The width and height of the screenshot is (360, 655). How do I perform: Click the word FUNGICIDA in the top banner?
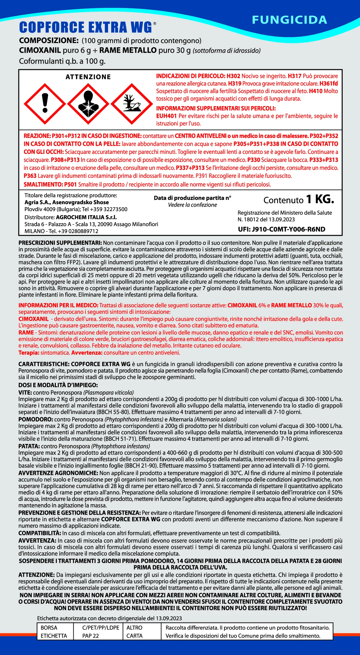pyautogui.click(x=289, y=20)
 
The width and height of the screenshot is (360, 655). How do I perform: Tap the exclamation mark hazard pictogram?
pyautogui.click(x=45, y=104)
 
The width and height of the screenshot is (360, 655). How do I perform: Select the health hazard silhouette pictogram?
pyautogui.click(x=88, y=104)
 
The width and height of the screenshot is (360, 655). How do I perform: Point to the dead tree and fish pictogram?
pyautogui.click(x=132, y=104)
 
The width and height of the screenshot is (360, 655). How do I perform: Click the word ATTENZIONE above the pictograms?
pyautogui.click(x=88, y=77)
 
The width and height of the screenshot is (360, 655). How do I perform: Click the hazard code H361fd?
pyautogui.click(x=329, y=84)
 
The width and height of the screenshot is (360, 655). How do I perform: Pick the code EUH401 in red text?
pyautogui.click(x=166, y=116)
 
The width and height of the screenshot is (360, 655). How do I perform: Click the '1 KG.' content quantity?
pyautogui.click(x=320, y=199)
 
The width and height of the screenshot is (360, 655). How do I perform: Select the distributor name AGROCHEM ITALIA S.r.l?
pyautogui.click(x=86, y=217)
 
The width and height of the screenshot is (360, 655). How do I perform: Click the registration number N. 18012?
pyautogui.click(x=250, y=219)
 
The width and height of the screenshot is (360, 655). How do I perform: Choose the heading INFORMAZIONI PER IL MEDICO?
pyautogui.click(x=58, y=305)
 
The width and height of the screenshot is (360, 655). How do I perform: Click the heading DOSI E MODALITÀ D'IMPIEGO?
pyautogui.click(x=58, y=385)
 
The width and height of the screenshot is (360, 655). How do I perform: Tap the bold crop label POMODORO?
pyautogui.click(x=36, y=419)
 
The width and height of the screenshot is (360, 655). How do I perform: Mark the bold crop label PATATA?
pyautogui.click(x=29, y=446)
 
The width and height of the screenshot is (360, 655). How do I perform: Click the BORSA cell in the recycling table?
pyautogui.click(x=49, y=628)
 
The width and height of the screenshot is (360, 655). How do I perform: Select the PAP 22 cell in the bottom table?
pyautogui.click(x=91, y=636)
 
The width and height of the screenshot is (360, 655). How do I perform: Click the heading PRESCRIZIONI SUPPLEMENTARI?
pyautogui.click(x=60, y=243)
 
